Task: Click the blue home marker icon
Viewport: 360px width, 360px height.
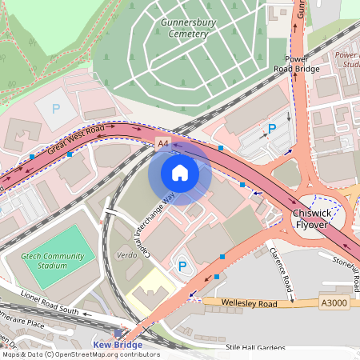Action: [x=180, y=172]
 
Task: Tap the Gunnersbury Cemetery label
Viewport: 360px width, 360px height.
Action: [x=189, y=30]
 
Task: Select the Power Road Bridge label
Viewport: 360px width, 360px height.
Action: [x=297, y=64]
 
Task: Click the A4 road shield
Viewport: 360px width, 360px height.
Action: [x=163, y=142]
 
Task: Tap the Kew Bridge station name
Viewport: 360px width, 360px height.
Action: [x=118, y=345]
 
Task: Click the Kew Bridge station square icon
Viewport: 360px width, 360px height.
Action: [x=118, y=333]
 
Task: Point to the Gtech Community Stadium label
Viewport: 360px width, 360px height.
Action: [x=52, y=261]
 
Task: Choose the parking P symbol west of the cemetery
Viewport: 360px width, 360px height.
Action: [x=55, y=108]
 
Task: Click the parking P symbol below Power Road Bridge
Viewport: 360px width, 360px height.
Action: [x=272, y=128]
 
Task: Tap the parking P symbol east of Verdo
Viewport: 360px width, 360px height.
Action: [x=182, y=266]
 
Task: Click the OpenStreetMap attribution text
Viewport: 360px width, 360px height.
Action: [x=80, y=354]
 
